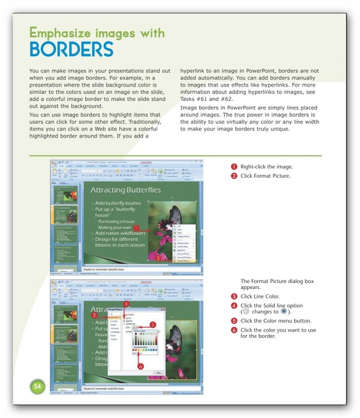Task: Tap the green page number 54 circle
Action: [37, 385]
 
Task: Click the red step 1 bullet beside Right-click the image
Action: [234, 166]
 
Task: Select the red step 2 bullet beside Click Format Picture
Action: [234, 176]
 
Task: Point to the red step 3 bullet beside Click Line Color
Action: [234, 297]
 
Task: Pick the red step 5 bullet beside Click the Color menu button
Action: [234, 321]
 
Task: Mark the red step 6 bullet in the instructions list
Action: [234, 330]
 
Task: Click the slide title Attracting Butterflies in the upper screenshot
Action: [125, 190]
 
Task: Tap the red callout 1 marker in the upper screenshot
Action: [137, 228]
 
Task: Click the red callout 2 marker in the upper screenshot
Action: [157, 257]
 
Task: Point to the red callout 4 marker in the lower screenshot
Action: [125, 304]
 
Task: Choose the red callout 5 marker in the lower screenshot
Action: [152, 325]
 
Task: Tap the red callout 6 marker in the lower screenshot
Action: [140, 366]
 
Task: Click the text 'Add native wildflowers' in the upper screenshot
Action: [120, 233]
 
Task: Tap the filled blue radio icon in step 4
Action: [283, 312]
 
